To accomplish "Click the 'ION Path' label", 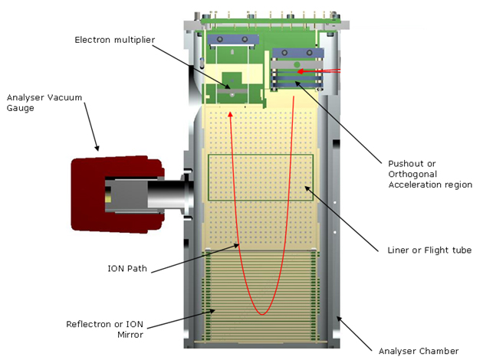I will [127, 268].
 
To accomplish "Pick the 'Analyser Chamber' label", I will [419, 351].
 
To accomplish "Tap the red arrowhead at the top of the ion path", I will [231, 114].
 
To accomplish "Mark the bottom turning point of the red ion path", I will [263, 313].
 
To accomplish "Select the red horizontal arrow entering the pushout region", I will [318, 71].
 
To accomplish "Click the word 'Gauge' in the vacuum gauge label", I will [23, 108].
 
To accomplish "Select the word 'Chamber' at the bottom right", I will [439, 351].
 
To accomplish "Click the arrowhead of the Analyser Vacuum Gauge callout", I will [97, 147].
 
